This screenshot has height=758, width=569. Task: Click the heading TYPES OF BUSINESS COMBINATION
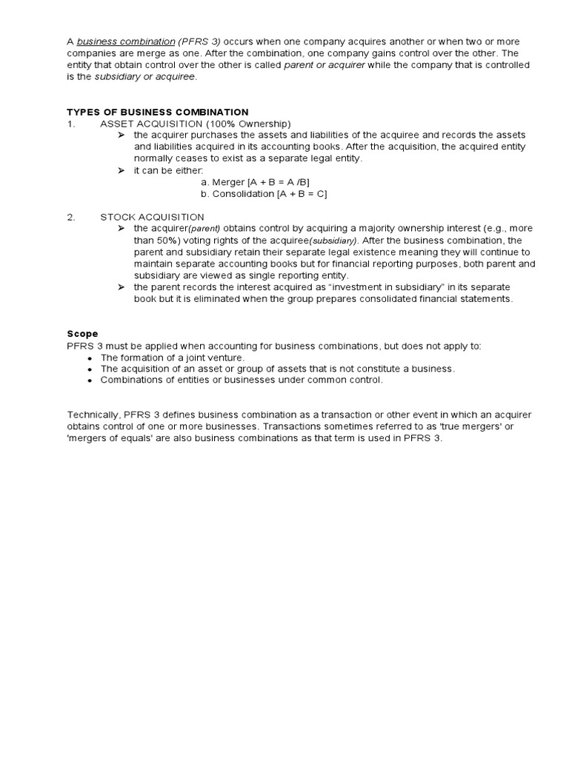pos(158,112)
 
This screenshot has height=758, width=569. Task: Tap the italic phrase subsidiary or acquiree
pos(145,77)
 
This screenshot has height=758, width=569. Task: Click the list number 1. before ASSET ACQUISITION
pos(71,124)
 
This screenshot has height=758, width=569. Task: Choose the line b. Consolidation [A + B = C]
pos(263,194)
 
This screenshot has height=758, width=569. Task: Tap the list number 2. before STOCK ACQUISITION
pos(71,217)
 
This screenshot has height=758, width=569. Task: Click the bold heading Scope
pos(82,334)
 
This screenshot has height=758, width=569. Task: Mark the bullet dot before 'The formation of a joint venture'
pos(90,358)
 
